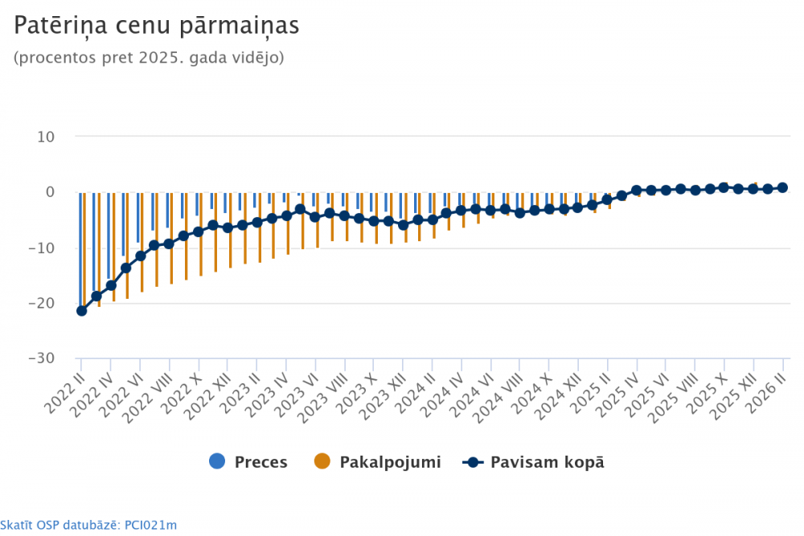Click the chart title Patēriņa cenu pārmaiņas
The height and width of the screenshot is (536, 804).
(156, 26)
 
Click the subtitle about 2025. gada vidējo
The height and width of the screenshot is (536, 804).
(149, 59)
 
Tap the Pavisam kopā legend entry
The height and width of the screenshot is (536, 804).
(534, 462)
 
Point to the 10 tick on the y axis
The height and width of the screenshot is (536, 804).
(45, 137)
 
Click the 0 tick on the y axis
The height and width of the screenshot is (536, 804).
(49, 192)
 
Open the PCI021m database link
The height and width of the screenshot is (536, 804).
(88, 526)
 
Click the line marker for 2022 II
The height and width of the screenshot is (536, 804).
(81, 311)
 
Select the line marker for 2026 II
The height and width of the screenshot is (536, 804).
(783, 187)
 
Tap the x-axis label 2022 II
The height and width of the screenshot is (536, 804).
(66, 389)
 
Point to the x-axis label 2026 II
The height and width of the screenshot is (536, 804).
(768, 389)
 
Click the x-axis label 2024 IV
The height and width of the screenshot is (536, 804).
(446, 391)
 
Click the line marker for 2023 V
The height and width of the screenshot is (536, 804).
(301, 209)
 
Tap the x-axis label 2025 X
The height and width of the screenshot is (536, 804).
(711, 391)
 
